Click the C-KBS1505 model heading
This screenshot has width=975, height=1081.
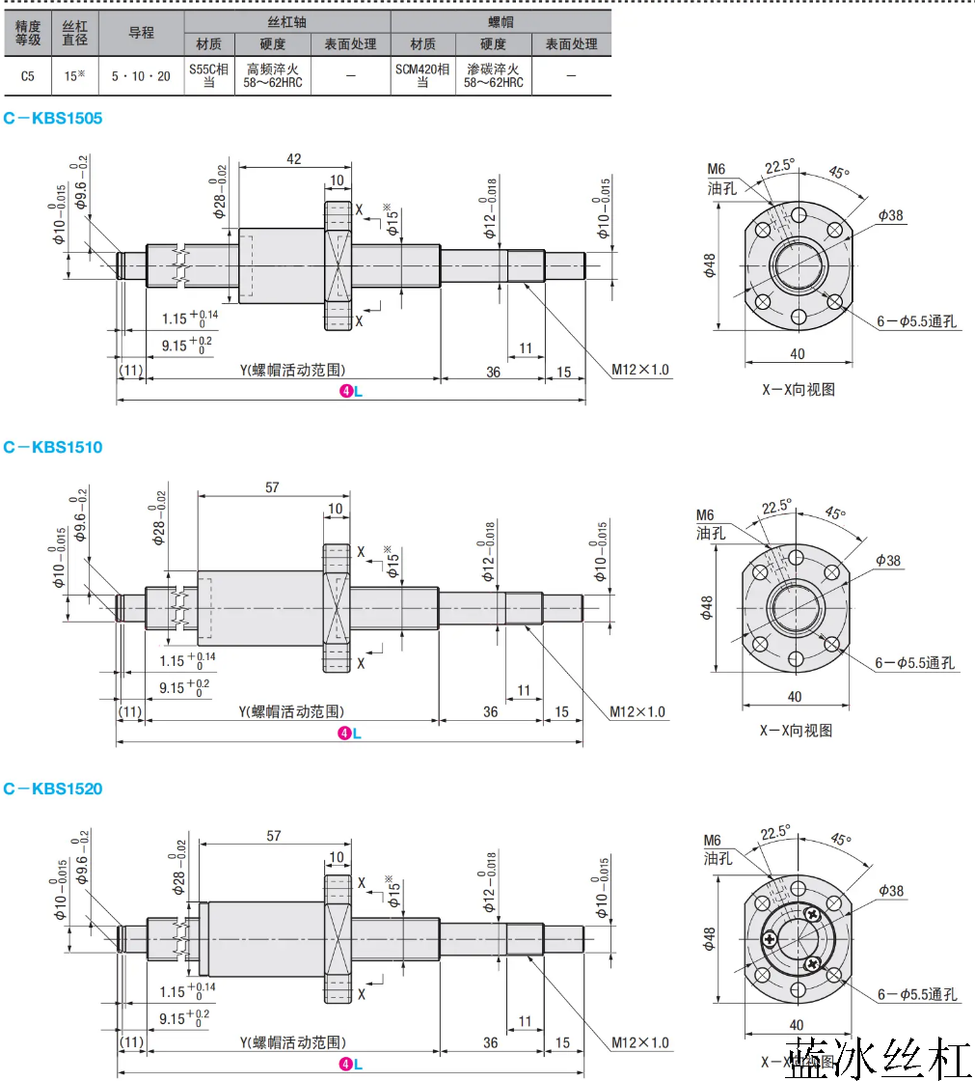(53, 119)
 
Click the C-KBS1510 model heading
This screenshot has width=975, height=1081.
(53, 447)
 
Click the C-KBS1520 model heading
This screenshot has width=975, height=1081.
(53, 789)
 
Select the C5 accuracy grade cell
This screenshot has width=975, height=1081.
(28, 75)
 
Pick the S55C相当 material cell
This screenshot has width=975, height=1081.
(209, 75)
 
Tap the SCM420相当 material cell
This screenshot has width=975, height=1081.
(422, 75)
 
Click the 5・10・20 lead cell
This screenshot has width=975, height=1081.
(141, 75)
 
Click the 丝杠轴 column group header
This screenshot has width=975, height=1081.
(286, 20)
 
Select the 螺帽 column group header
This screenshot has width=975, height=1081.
(500, 20)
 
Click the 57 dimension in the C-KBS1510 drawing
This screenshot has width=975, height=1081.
(272, 487)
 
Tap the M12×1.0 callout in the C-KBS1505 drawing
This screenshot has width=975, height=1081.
(640, 370)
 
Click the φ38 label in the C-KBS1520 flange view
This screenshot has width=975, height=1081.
(892, 891)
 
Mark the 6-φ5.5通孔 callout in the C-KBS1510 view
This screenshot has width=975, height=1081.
(914, 663)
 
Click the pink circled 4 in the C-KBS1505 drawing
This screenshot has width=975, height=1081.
(345, 391)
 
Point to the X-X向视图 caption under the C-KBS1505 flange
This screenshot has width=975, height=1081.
(798, 390)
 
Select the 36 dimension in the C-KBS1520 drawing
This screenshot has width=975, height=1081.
(491, 1043)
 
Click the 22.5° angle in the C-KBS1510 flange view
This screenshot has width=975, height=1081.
(776, 507)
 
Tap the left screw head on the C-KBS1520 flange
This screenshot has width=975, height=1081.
(770, 938)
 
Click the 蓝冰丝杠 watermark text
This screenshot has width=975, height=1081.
(877, 1059)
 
